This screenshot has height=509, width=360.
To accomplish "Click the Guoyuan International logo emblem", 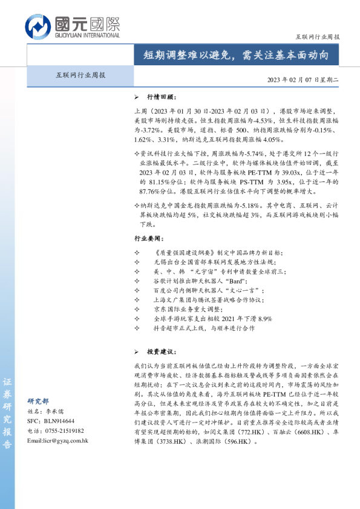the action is point(38,27).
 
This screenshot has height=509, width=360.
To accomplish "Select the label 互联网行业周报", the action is point(77,76).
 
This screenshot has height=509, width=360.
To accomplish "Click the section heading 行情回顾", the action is point(162,97).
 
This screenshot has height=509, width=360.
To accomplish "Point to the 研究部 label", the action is point(38,401).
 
